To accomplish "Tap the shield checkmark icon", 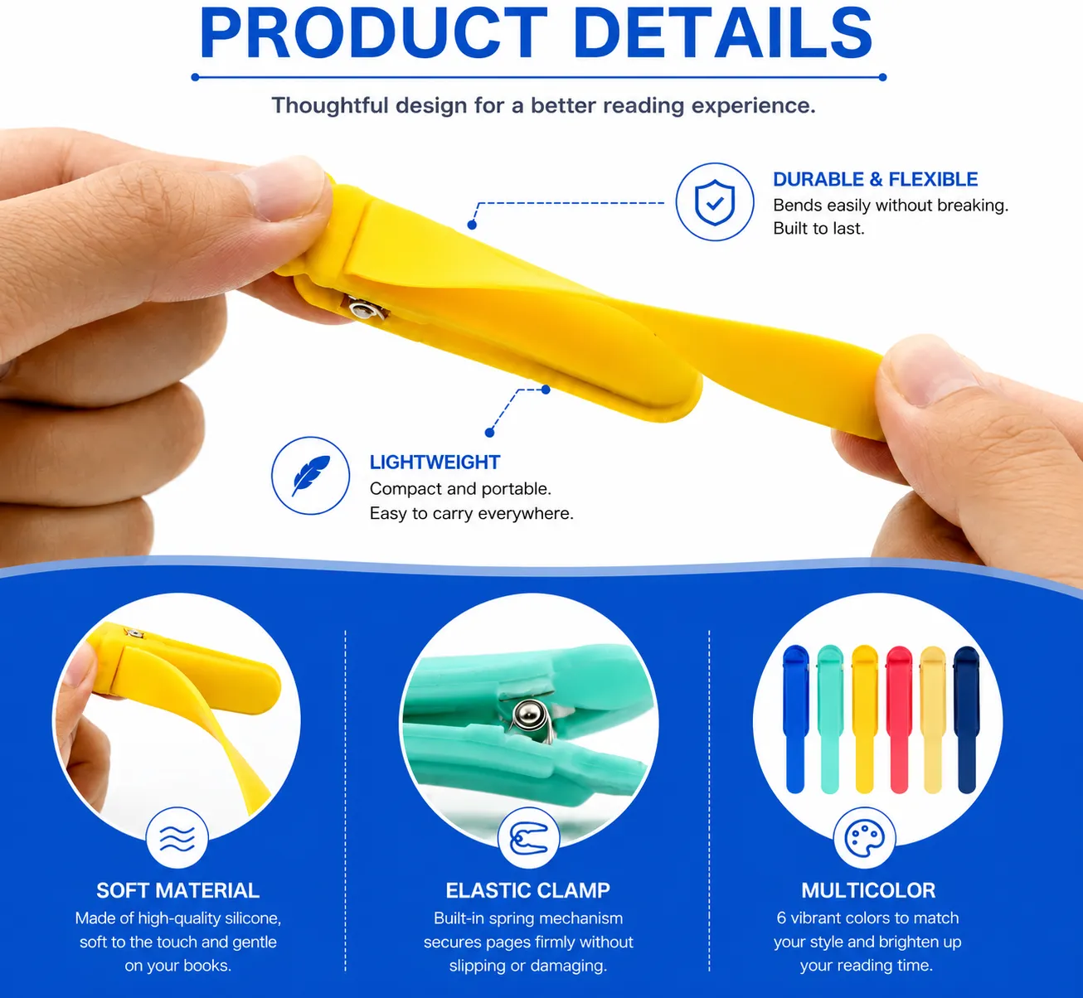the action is pyautogui.click(x=715, y=201).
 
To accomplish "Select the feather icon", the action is pyautogui.click(x=311, y=476).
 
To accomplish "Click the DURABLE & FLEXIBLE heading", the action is pyautogui.click(x=875, y=179).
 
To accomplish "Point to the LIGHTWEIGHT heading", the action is pyautogui.click(x=435, y=463).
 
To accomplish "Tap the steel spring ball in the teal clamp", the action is pyautogui.click(x=528, y=715).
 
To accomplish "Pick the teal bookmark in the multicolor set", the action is pyautogui.click(x=830, y=719).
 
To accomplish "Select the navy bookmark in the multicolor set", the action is pyautogui.click(x=967, y=719).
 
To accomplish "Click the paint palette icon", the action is pyautogui.click(x=864, y=838).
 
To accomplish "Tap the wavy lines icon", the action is pyautogui.click(x=177, y=838).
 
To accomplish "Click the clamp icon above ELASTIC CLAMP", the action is pyautogui.click(x=528, y=838).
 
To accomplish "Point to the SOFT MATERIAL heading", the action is pyautogui.click(x=177, y=890).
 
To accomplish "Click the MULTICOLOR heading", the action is pyautogui.click(x=868, y=890).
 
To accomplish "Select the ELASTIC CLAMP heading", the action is pyautogui.click(x=528, y=890).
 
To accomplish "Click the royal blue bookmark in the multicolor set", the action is pyautogui.click(x=795, y=719).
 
